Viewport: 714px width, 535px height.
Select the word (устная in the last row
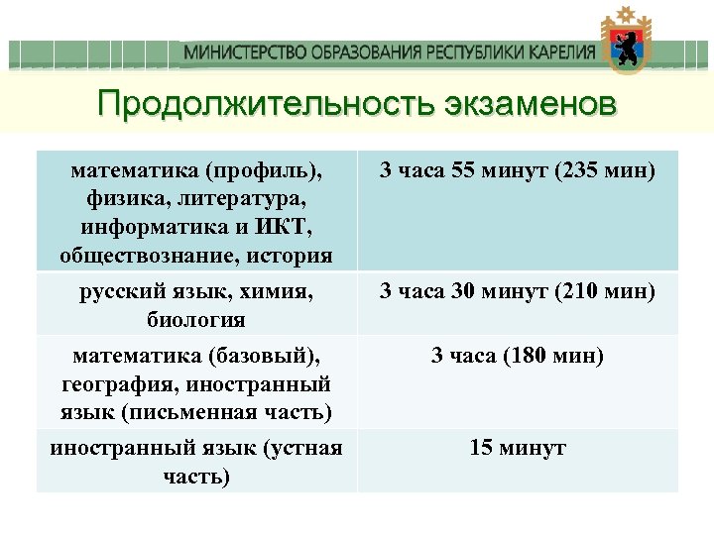pos(302,448)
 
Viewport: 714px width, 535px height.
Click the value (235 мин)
pos(605,170)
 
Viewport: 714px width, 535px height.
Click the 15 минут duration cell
pos(518,448)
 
